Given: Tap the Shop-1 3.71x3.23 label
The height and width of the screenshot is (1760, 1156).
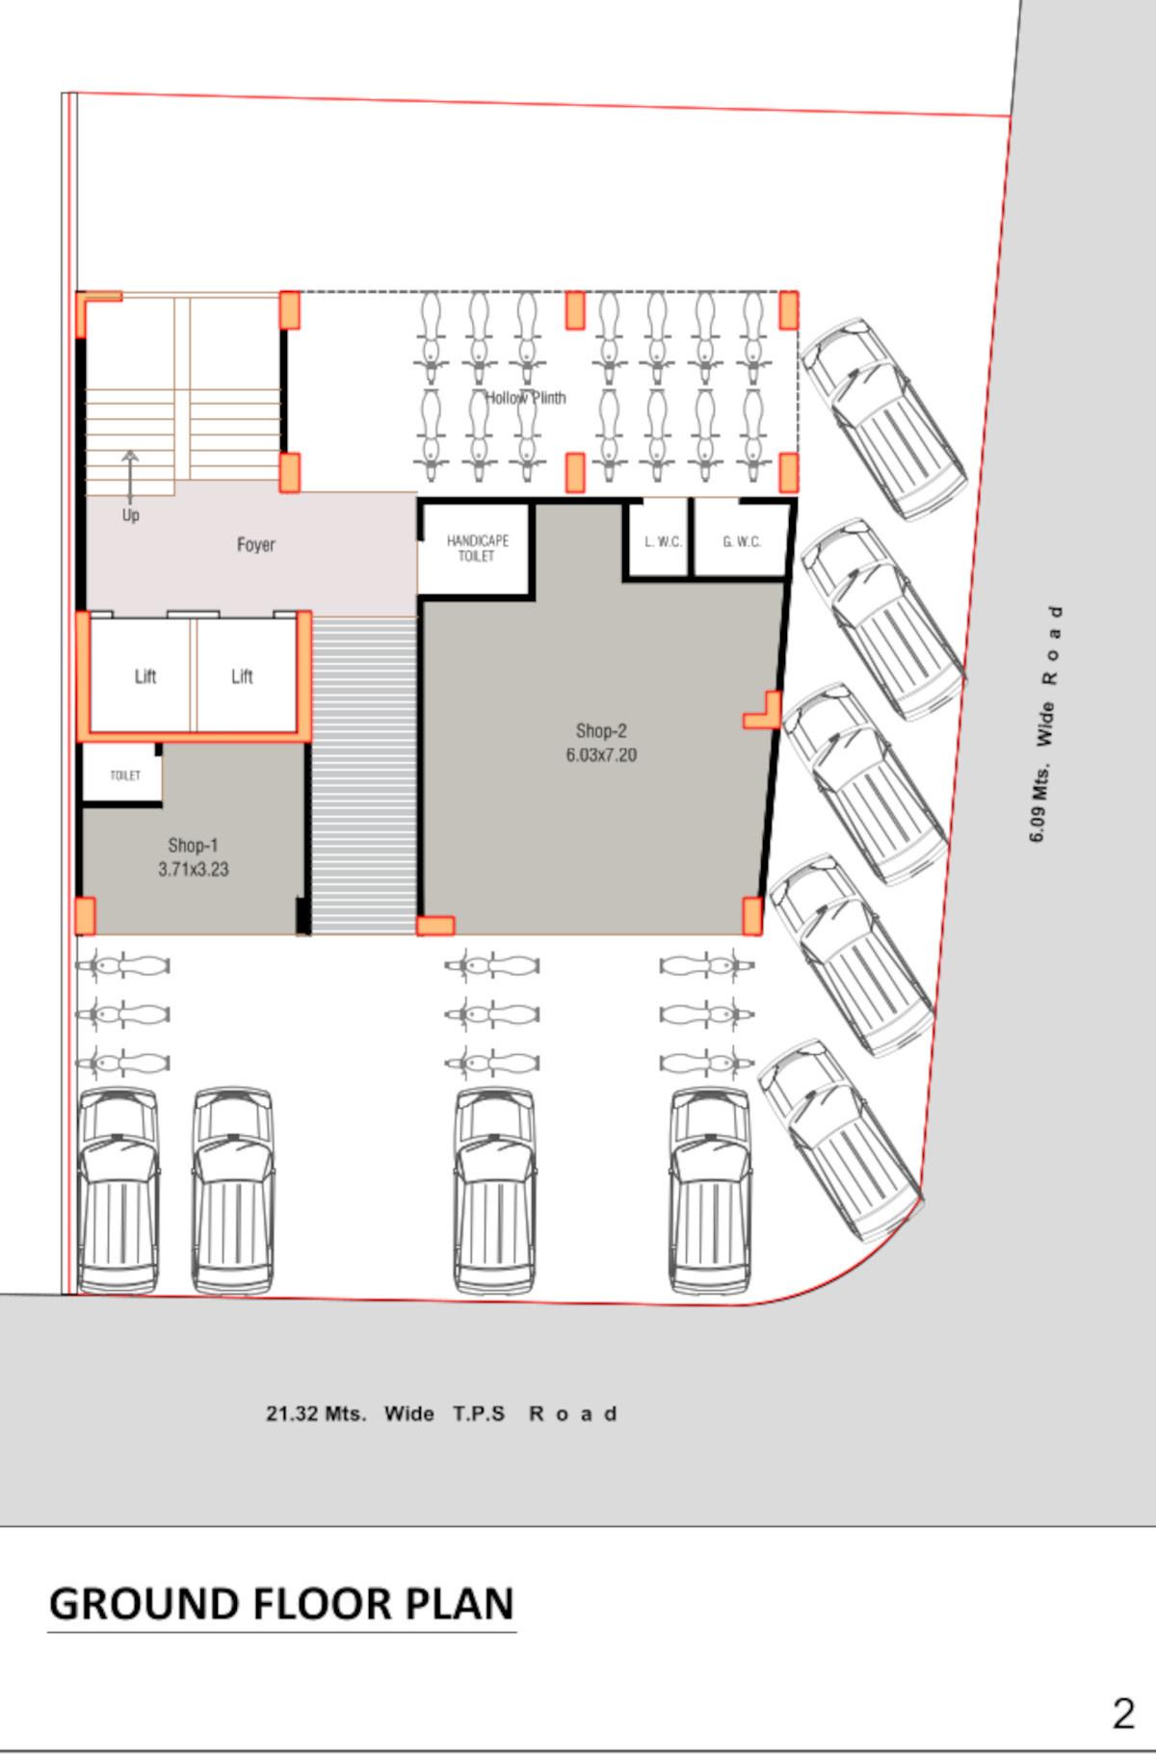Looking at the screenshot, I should coord(193,857).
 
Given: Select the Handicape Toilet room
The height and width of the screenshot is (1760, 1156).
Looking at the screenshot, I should coord(476,548).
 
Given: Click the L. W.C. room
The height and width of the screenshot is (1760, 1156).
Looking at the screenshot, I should coord(663,541).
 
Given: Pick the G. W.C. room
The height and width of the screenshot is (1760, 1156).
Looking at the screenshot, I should coord(742,541).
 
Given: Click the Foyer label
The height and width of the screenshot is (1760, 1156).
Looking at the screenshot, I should coord(255,545).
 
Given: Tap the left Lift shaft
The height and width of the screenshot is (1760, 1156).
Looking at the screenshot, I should coord(144,676).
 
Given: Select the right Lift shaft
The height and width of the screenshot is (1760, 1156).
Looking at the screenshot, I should coord(242,676).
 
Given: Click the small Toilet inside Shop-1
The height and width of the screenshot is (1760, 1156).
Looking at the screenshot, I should coord(124,775).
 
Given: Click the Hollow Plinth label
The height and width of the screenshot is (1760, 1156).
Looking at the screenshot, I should coord(525,398).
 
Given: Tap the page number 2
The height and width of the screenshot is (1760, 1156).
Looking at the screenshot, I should coord(1122,1714).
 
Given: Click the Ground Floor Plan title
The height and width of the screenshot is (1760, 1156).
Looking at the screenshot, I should coord(281,1604).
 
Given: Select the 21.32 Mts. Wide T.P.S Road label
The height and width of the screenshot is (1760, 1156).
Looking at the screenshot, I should coord(441,1414).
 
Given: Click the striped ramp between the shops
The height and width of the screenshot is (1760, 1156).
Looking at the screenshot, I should coord(363,775).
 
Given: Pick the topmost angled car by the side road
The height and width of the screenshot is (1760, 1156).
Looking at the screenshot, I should coord(881,419).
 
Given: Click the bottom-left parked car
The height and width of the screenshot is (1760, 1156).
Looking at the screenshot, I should coord(118,1191).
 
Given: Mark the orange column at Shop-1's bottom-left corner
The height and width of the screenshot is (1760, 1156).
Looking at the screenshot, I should coord(86,915).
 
